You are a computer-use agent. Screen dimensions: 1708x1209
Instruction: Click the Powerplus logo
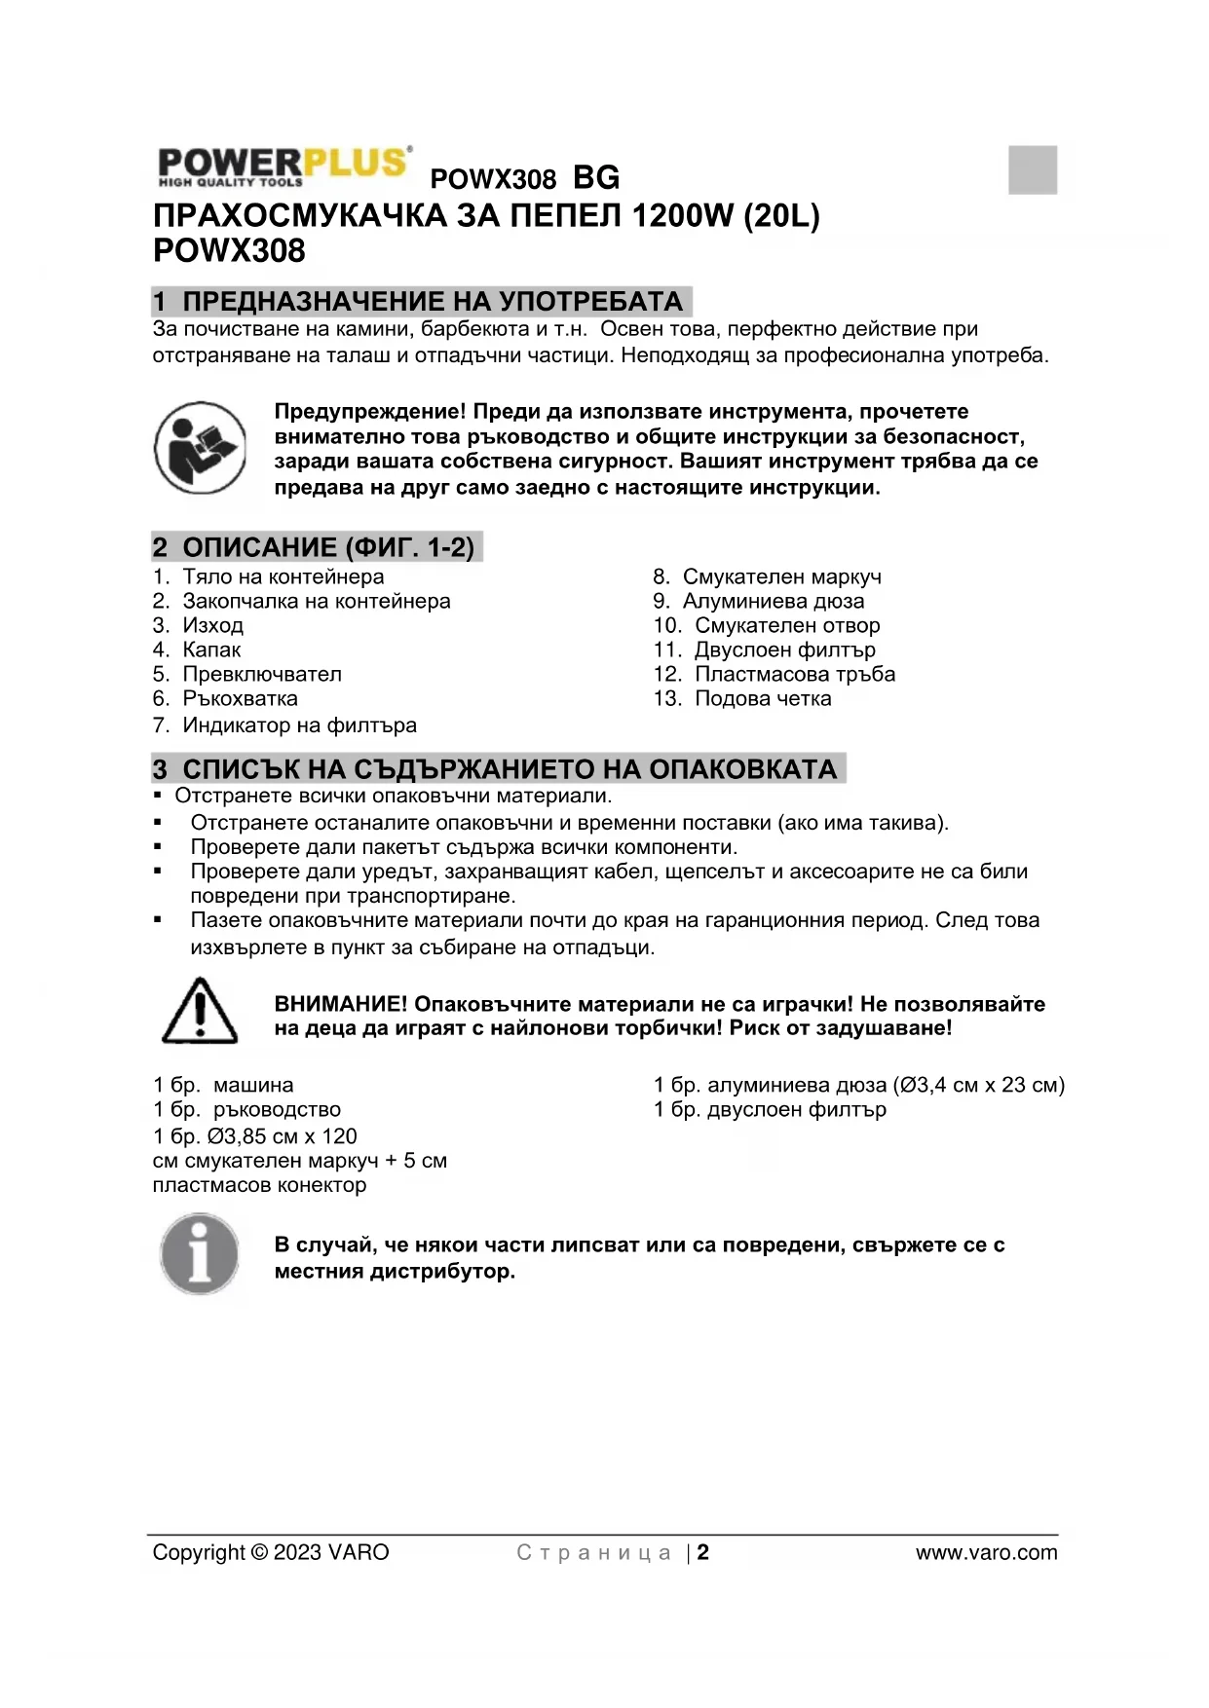(283, 167)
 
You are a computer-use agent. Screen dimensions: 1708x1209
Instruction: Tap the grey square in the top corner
(1033, 169)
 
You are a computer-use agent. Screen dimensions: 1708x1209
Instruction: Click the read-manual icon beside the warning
(200, 448)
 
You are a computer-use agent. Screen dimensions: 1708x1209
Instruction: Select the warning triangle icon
(200, 1012)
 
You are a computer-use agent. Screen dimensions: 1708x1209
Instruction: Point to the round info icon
(200, 1254)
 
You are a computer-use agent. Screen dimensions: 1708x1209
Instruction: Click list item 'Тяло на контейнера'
(283, 576)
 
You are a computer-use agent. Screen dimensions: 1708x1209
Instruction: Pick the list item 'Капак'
(211, 650)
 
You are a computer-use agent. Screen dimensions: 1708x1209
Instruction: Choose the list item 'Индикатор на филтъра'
(299, 725)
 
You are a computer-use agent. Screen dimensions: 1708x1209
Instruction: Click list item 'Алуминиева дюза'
(773, 601)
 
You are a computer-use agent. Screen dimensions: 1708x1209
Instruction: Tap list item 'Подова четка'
(763, 698)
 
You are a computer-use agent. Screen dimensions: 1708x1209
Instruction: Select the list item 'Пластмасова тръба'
(794, 674)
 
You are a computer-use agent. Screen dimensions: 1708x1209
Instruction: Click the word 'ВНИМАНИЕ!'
(341, 1004)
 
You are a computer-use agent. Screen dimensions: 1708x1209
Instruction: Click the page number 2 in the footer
(703, 1552)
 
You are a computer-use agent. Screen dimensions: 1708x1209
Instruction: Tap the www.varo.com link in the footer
(986, 1552)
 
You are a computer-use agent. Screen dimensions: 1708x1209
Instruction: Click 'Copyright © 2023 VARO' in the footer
(271, 1552)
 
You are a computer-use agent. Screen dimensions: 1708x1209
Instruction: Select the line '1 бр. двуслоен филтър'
(770, 1109)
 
